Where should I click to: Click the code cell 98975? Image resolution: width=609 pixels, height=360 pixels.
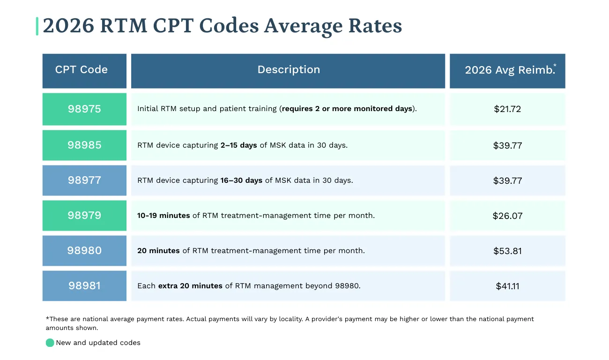[84, 109]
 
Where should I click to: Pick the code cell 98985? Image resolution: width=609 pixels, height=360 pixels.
[84, 145]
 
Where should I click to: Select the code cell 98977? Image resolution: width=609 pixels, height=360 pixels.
[84, 180]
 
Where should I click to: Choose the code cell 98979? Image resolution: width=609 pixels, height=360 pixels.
[84, 216]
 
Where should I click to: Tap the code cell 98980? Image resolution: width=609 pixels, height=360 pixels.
[84, 251]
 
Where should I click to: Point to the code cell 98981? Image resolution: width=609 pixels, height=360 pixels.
[84, 286]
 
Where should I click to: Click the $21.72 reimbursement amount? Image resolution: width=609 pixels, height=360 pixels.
[507, 109]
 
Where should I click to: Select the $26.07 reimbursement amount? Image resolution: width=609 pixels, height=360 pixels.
[507, 216]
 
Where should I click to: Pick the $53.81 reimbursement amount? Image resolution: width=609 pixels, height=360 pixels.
[507, 251]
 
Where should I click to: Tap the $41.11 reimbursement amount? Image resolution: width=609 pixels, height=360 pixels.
[507, 286]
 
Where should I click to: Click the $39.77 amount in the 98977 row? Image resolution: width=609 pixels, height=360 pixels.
[507, 180]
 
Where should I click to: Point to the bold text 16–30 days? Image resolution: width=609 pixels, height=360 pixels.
[241, 180]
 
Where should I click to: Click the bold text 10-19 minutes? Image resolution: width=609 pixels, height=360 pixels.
[163, 216]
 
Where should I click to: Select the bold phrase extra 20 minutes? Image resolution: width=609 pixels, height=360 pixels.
[190, 286]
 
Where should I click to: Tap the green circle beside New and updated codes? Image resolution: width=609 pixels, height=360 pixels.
[50, 343]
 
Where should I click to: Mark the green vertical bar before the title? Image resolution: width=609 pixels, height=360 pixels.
[37, 26]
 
